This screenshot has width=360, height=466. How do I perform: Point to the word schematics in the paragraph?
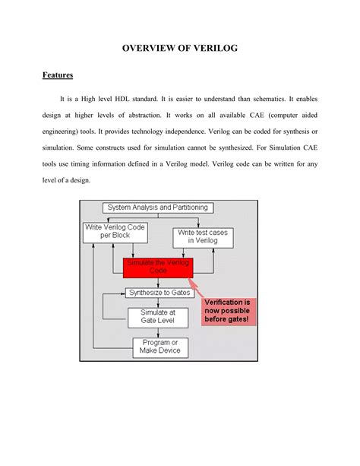click(274, 99)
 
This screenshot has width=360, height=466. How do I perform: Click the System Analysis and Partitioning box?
click(158, 208)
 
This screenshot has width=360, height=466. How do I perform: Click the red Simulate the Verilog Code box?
click(158, 267)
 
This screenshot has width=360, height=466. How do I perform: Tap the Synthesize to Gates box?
click(158, 293)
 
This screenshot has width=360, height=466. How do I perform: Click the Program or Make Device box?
click(160, 348)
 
